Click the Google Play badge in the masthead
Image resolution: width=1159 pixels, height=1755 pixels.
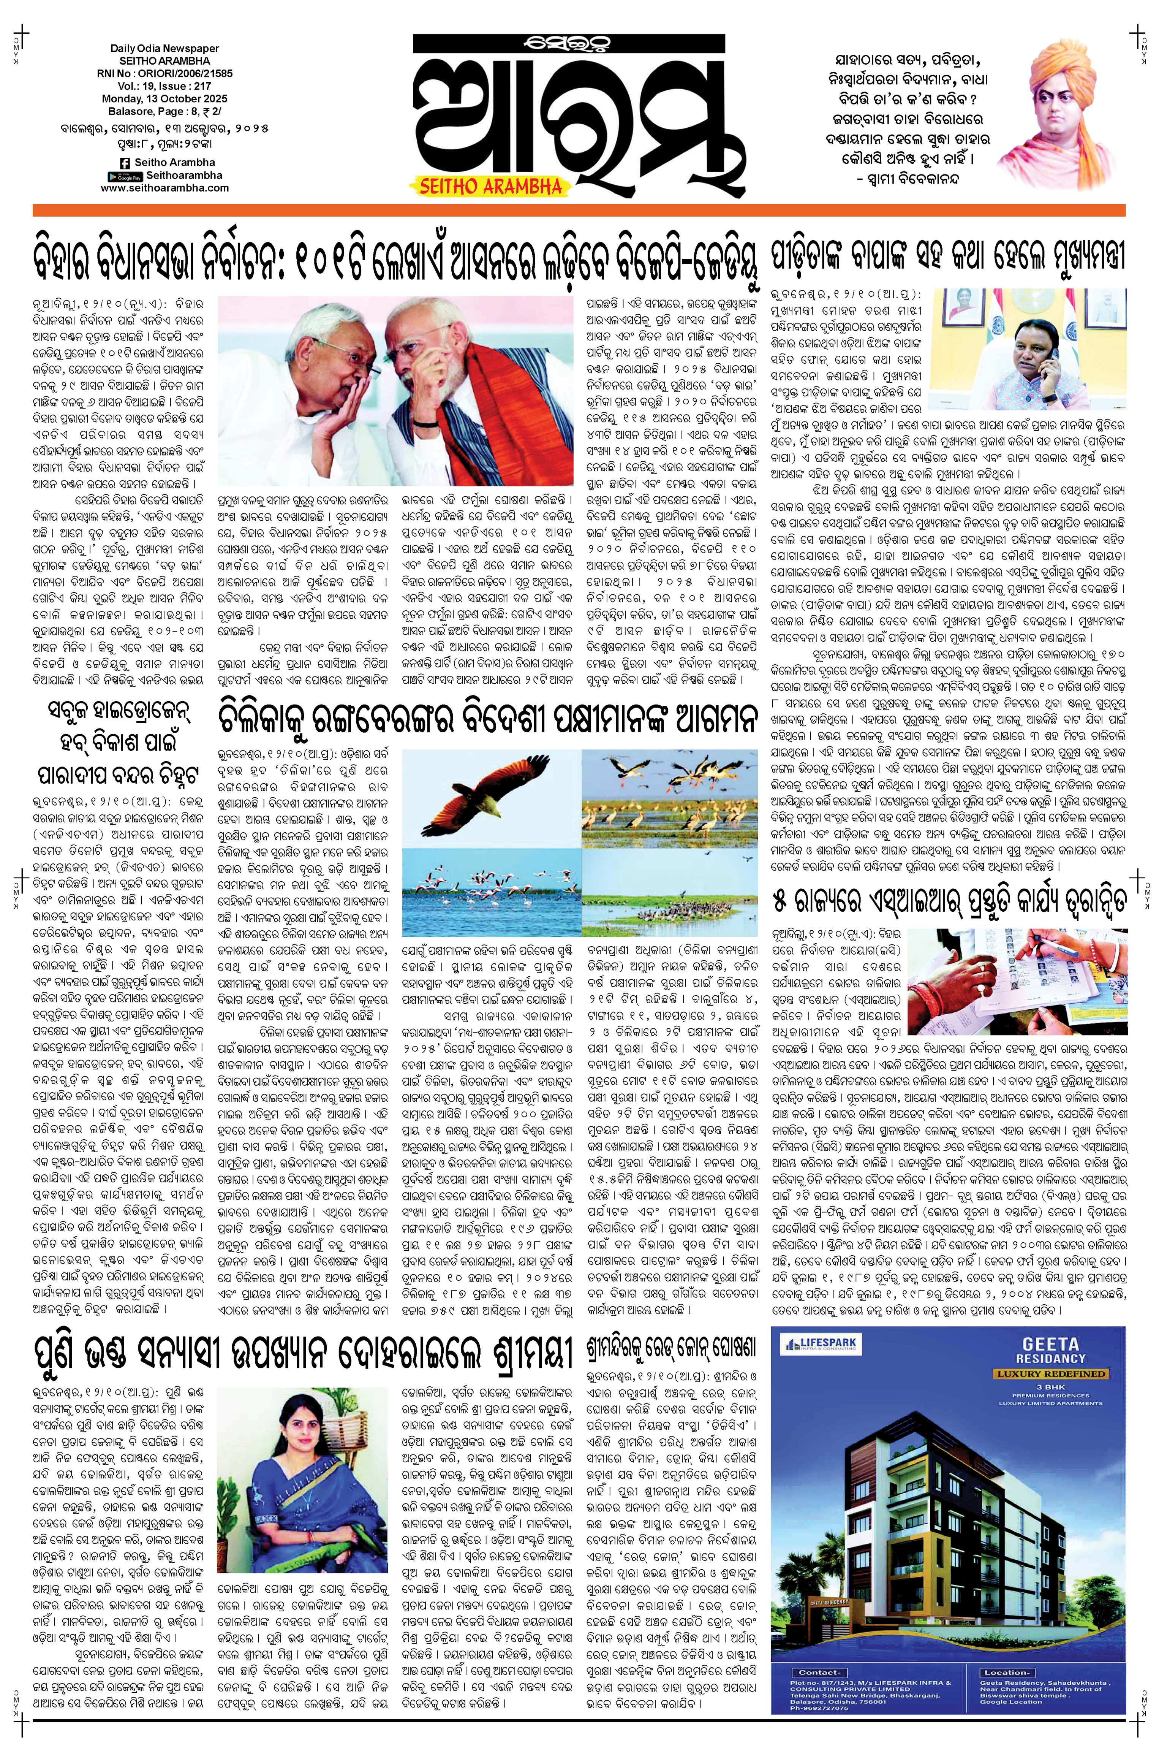coord(124,176)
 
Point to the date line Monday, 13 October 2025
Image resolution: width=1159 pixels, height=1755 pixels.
coord(165,98)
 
